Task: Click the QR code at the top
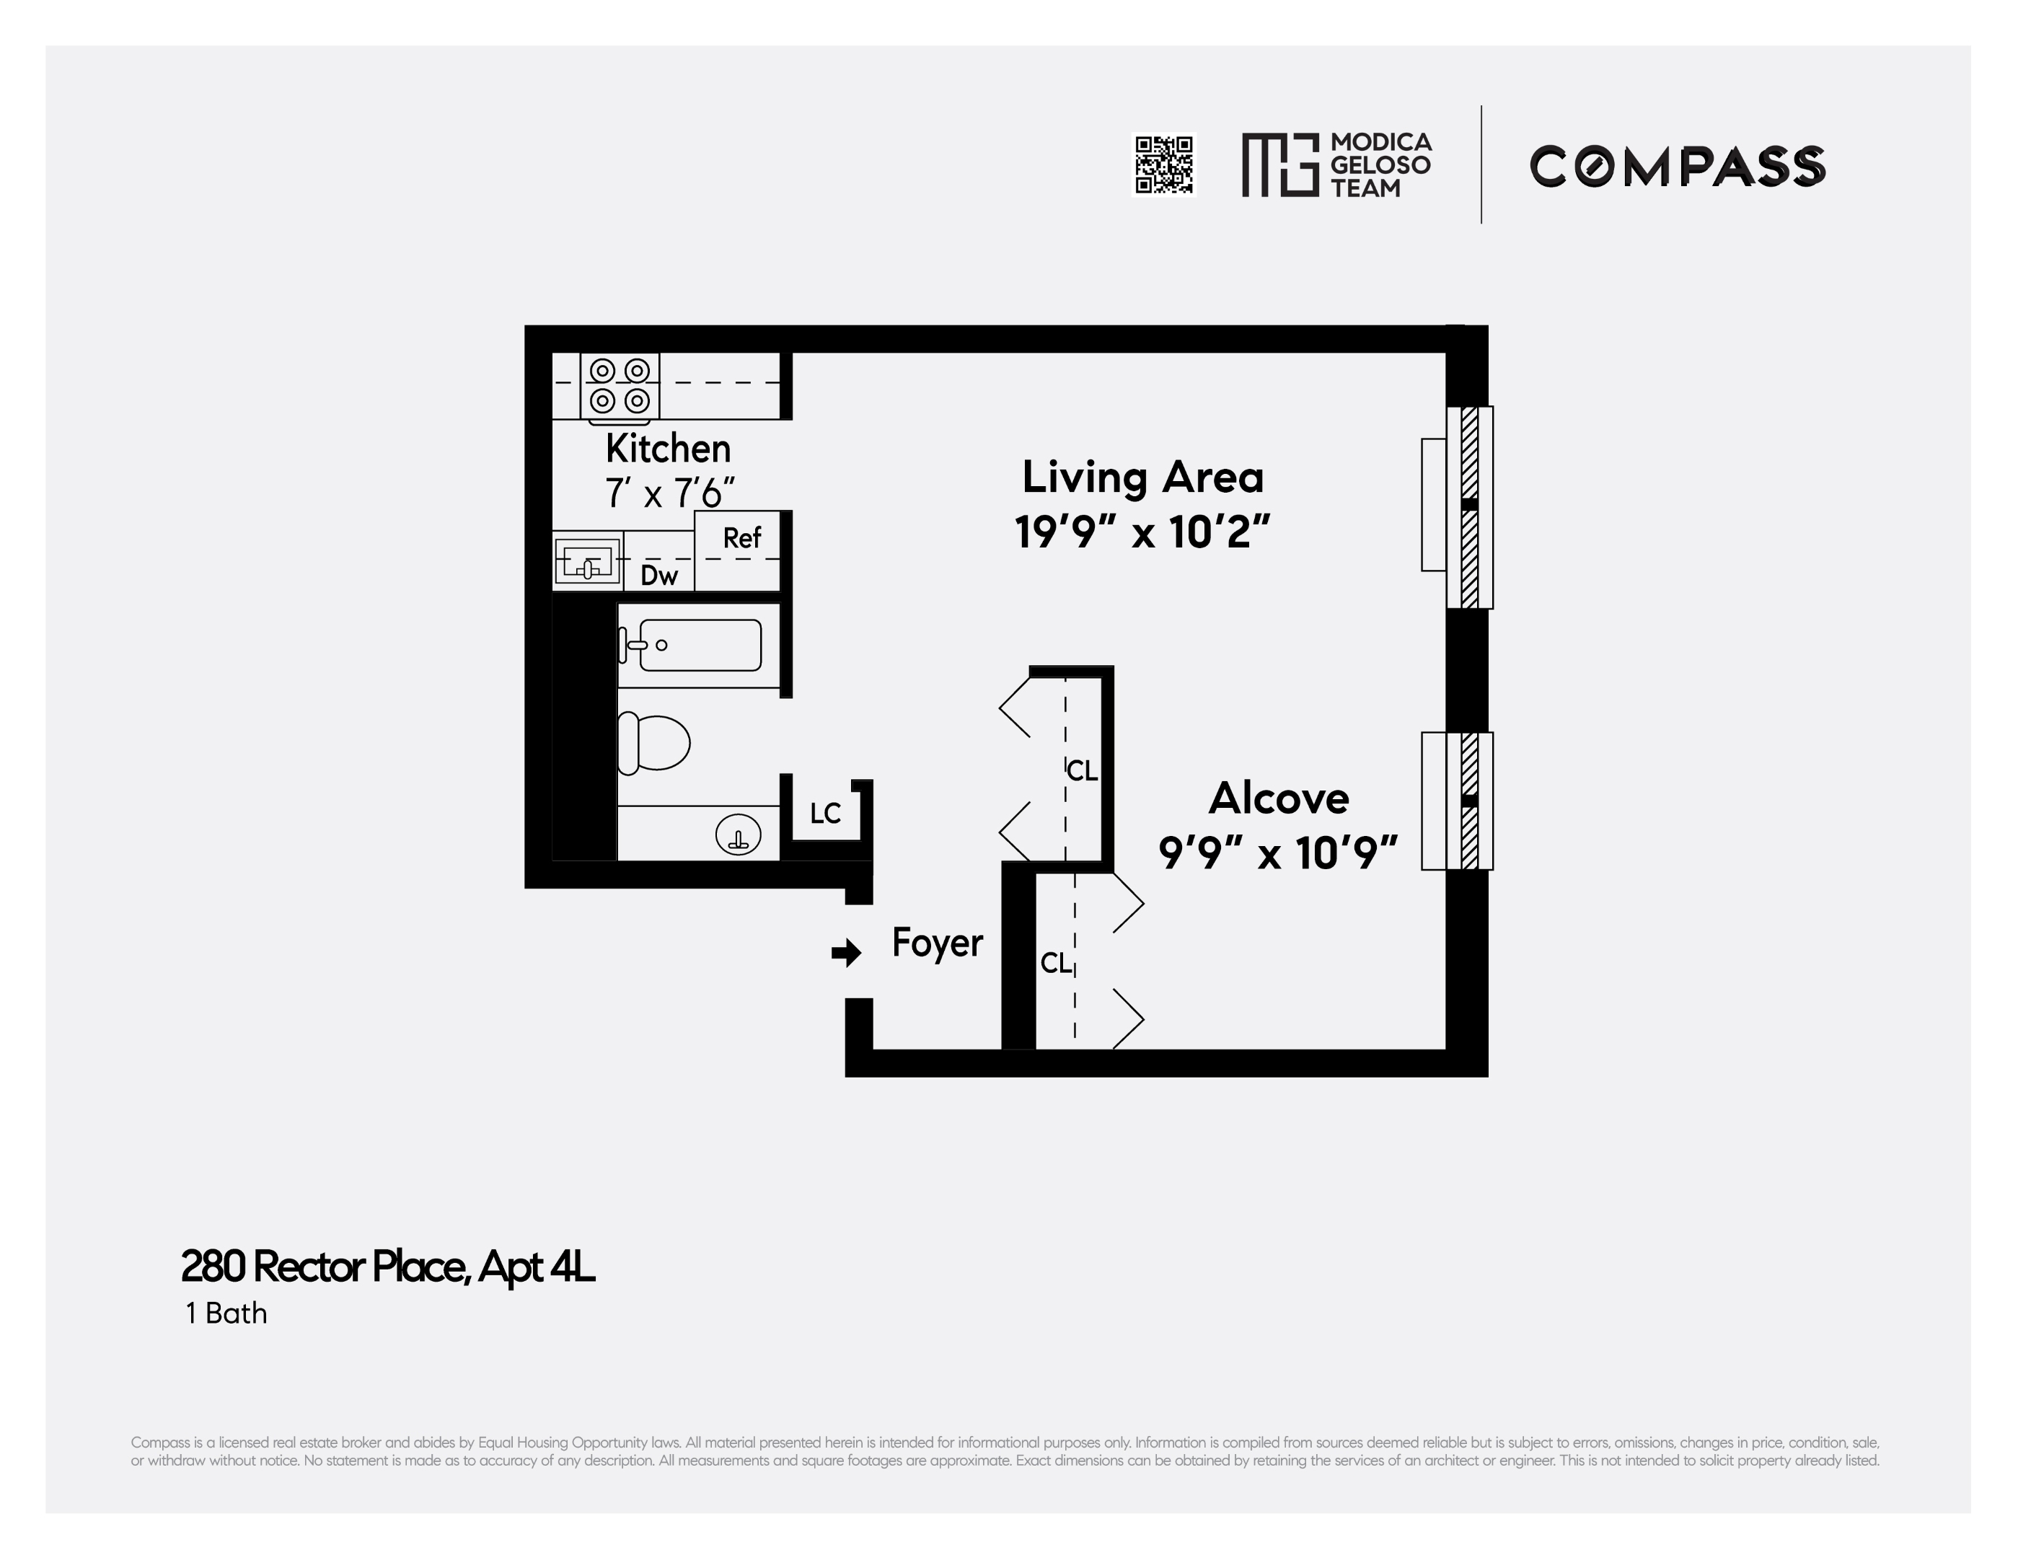(x=1163, y=164)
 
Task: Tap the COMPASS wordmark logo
(x=1677, y=167)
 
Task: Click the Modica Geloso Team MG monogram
(x=1279, y=164)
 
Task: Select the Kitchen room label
(x=668, y=449)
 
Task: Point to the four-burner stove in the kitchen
(x=619, y=385)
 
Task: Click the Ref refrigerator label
(x=741, y=538)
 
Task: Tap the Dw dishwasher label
(x=658, y=576)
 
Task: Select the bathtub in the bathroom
(x=699, y=645)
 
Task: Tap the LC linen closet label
(x=825, y=813)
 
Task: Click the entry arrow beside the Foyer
(x=845, y=953)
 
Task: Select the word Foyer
(x=937, y=943)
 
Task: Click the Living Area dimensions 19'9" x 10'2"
(x=1142, y=532)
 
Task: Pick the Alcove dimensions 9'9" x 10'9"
(x=1278, y=853)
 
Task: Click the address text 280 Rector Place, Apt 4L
(x=388, y=1267)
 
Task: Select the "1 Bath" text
(x=226, y=1313)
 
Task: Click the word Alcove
(x=1279, y=798)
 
